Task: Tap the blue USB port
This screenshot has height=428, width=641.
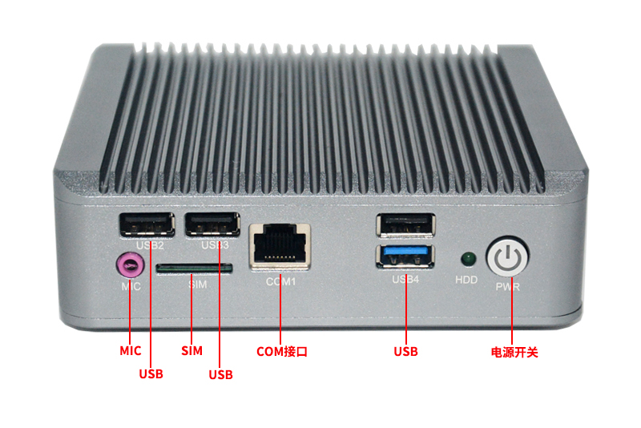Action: click(406, 258)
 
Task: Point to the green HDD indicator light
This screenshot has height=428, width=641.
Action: click(467, 259)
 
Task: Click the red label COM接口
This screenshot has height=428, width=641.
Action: click(282, 351)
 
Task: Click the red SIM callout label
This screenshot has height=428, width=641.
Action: click(191, 351)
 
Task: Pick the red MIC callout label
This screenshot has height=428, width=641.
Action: click(131, 351)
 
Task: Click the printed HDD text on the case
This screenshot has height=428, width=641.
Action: click(466, 281)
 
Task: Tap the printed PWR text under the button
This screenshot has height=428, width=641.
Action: click(508, 286)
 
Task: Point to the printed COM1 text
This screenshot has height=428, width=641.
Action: click(281, 282)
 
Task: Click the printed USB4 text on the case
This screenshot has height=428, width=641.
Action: click(405, 279)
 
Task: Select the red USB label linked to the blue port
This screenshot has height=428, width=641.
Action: click(405, 351)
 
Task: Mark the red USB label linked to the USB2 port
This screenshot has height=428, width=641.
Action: click(151, 373)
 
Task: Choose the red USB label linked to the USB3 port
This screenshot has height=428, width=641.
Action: click(220, 373)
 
